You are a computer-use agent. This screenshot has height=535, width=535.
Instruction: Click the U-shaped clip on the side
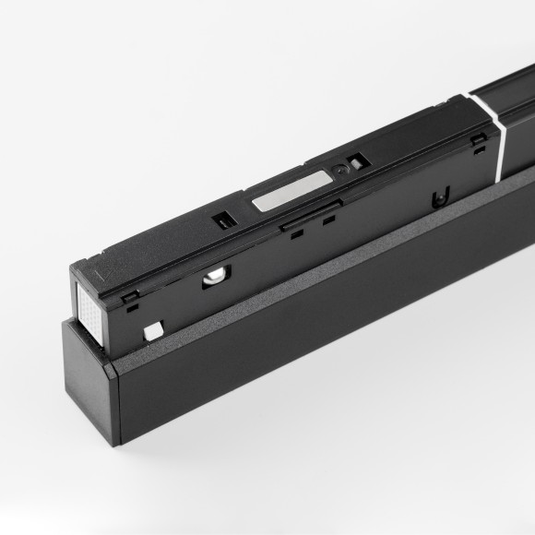click(x=440, y=196)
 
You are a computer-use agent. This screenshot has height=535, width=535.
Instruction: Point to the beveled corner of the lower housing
click(x=112, y=376)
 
